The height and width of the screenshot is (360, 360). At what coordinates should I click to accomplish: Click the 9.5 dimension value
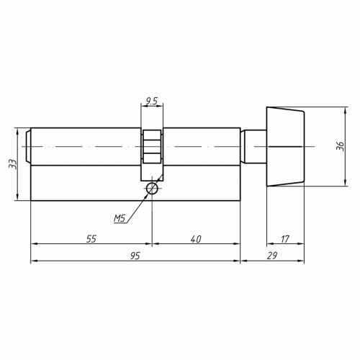point(152,101)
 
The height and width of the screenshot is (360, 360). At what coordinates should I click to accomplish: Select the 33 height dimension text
point(13,164)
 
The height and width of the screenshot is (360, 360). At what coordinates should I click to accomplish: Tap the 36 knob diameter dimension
point(340,146)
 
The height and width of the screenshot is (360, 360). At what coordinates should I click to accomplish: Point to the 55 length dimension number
point(91,239)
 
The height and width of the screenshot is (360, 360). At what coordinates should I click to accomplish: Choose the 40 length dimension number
point(196,239)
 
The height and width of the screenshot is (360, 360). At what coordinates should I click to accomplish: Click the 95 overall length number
point(135,256)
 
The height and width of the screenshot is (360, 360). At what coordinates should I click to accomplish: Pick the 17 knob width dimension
point(285,239)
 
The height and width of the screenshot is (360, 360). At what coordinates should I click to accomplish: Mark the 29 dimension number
point(272,256)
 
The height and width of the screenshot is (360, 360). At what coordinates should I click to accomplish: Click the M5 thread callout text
point(120,218)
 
